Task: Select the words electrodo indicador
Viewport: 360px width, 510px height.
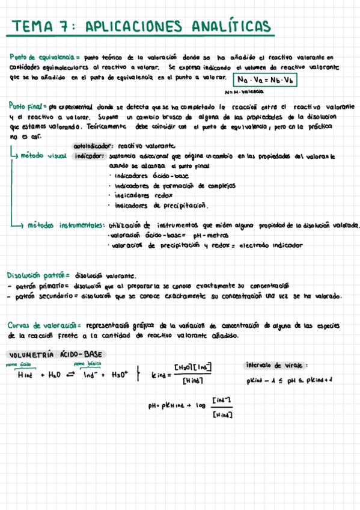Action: (270, 245)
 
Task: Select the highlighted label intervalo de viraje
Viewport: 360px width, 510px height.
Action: (277, 364)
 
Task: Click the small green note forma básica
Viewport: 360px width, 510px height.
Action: (87, 364)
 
